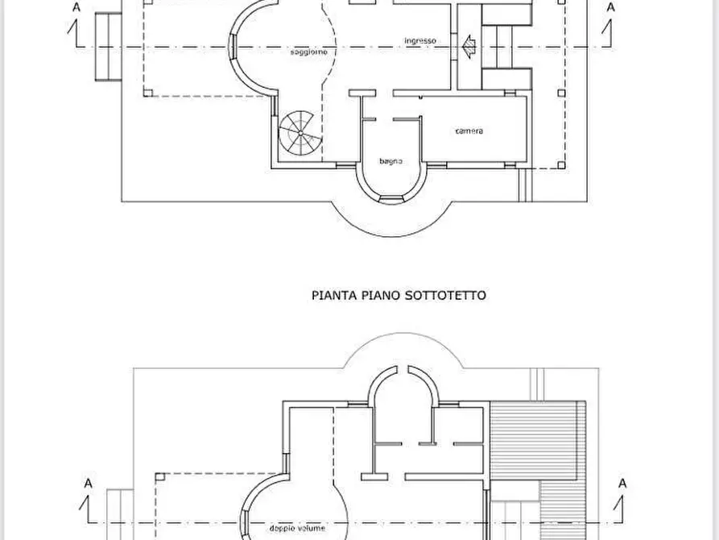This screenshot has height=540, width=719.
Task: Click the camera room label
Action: [x=469, y=131]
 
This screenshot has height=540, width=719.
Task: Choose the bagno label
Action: [x=391, y=160]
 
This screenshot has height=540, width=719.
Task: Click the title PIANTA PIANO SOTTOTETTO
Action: [x=399, y=296]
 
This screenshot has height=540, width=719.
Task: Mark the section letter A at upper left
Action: [x=76, y=7]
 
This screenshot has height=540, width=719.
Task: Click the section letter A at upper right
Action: [x=611, y=7]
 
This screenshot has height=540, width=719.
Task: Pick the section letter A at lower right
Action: [x=622, y=484]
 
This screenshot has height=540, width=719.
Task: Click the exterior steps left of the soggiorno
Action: [x=104, y=48]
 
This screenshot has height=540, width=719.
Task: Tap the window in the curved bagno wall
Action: [x=392, y=198]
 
